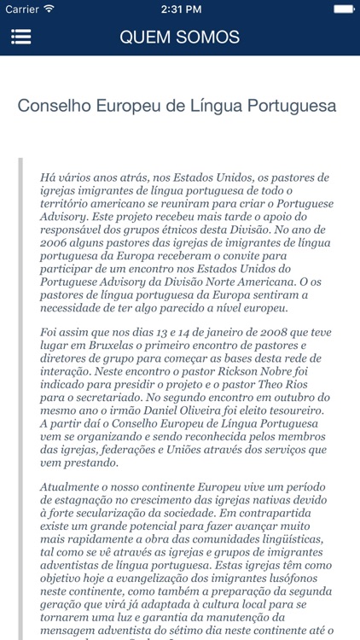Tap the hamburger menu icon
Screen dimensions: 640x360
21,38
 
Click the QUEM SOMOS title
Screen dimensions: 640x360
179,38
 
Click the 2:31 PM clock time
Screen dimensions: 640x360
179,9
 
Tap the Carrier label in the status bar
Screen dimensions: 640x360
22,9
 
